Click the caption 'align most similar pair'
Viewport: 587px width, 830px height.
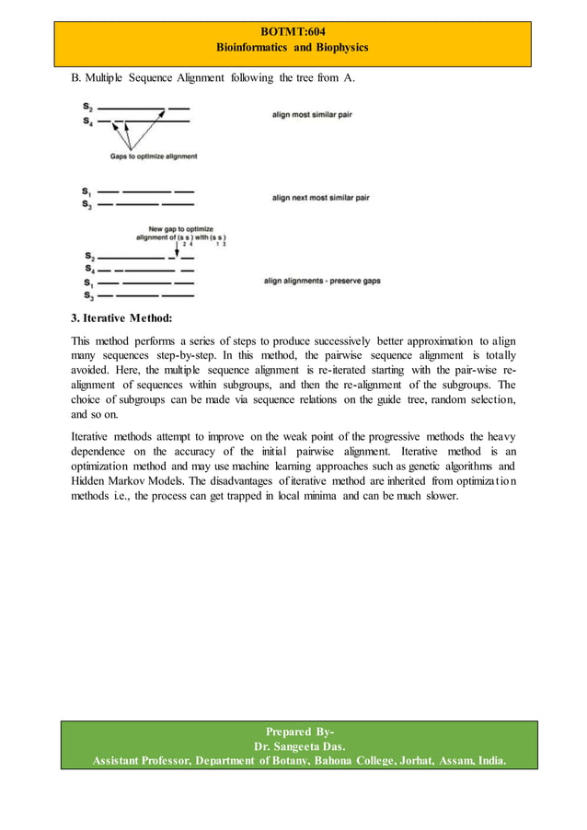point(309,114)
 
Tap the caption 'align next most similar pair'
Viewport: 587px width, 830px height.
point(320,197)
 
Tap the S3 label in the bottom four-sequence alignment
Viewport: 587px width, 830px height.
point(88,295)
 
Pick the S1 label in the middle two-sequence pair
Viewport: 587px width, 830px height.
point(86,191)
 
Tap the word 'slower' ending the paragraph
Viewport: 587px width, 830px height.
point(438,499)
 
